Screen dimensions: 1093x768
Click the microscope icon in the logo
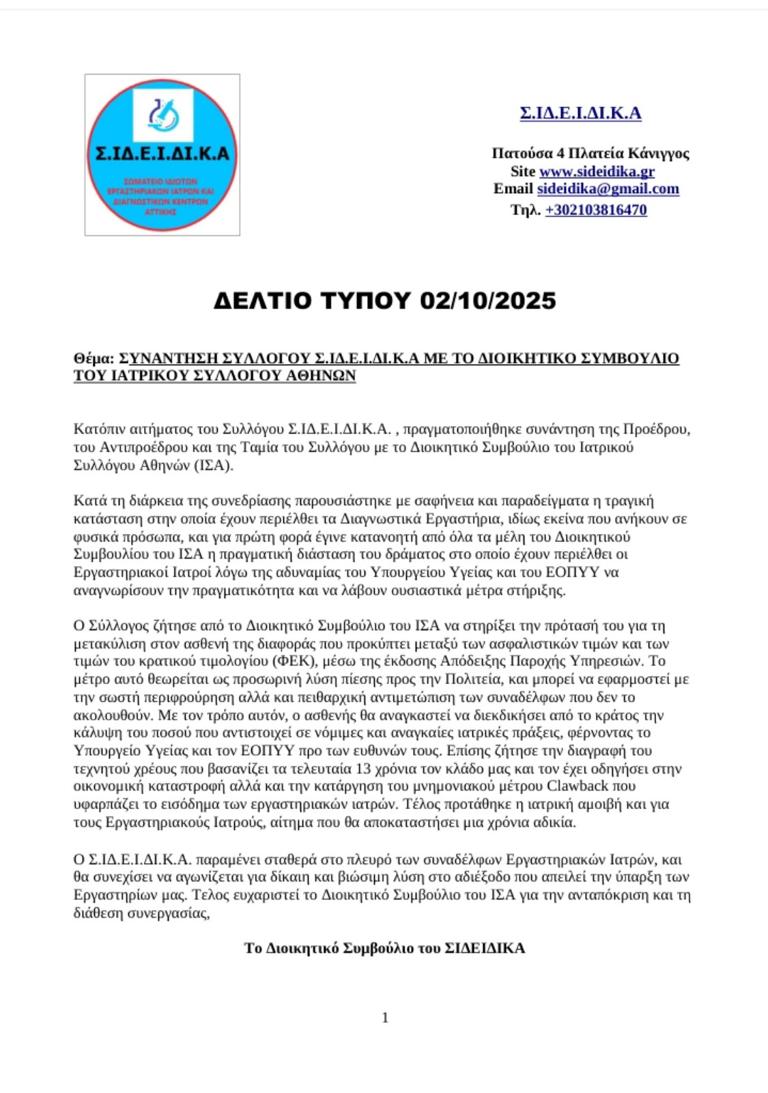[163, 114]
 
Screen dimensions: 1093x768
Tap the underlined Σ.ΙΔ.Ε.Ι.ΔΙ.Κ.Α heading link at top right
[580, 113]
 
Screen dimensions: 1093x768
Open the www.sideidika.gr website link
[597, 171]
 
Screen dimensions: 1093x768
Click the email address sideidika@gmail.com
[608, 188]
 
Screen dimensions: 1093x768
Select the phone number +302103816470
[595, 210]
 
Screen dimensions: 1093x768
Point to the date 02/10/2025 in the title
[488, 300]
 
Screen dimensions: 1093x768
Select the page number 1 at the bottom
[385, 1017]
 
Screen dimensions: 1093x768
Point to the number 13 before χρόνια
[364, 768]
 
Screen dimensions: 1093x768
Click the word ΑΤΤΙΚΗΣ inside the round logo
[160, 212]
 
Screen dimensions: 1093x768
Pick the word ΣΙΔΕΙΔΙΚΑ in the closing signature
[485, 948]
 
